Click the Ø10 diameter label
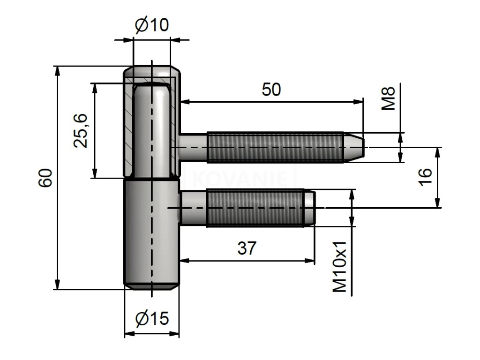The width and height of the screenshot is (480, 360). pos(151,25)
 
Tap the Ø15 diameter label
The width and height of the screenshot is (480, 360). pos(151,319)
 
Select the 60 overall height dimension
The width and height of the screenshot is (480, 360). pos(45,178)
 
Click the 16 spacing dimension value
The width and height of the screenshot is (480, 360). pos(424,178)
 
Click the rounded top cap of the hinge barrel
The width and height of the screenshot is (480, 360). pos(152,73)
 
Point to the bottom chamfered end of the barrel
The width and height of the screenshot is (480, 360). pos(151,285)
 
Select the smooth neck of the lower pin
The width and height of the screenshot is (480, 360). pos(193,208)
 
